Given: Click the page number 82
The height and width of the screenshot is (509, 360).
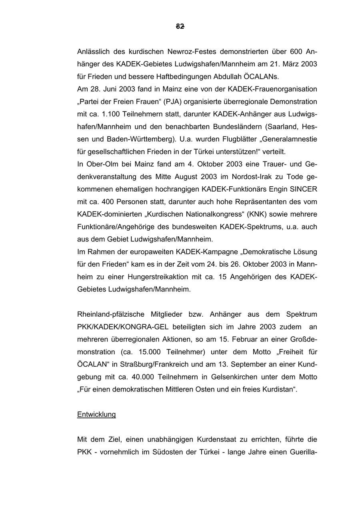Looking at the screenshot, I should click(180, 26).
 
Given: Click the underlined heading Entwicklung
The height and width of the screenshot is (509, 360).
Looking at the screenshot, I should click(96, 415).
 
